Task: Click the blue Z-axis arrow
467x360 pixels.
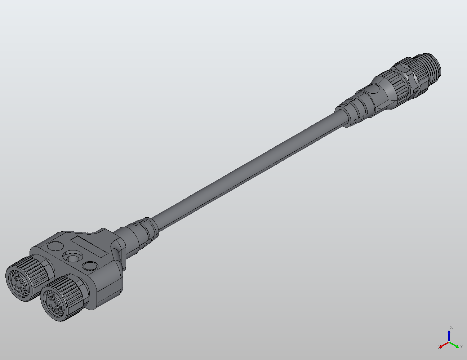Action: pyautogui.click(x=449, y=335)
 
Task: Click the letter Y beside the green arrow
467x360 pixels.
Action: pyautogui.click(x=461, y=347)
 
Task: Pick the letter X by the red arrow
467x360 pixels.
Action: pyautogui.click(x=439, y=347)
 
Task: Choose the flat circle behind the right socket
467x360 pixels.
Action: pyautogui.click(x=90, y=266)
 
